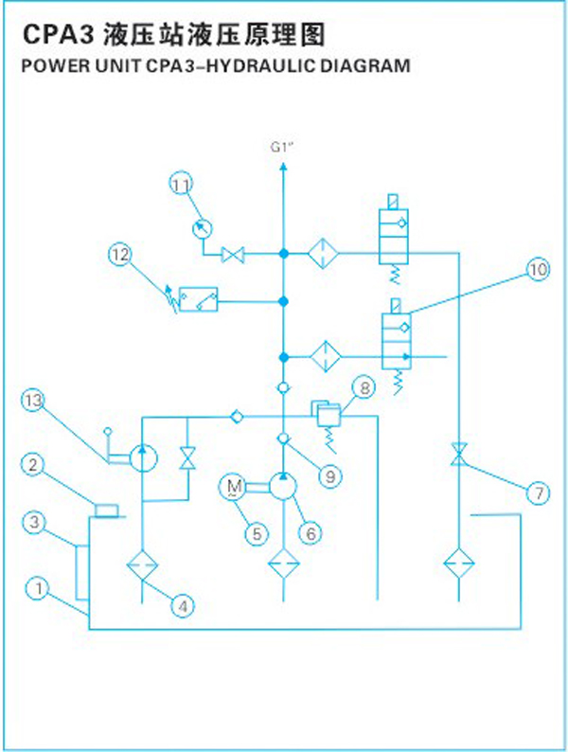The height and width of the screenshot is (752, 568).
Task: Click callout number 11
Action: [181, 184]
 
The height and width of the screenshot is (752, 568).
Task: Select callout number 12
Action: [120, 254]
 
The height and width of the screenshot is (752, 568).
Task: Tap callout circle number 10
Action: [539, 270]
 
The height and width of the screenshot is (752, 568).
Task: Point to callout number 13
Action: [32, 400]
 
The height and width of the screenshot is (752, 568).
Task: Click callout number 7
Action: [539, 492]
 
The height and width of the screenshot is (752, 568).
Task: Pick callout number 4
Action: [183, 606]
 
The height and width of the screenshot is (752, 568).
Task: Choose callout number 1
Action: [39, 588]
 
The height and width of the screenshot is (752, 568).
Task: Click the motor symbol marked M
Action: [234, 487]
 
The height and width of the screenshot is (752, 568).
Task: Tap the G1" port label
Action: [281, 147]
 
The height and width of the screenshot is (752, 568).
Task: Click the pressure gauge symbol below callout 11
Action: [202, 228]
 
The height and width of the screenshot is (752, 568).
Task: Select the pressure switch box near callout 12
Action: [198, 299]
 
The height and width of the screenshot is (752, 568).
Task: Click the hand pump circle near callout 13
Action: [143, 458]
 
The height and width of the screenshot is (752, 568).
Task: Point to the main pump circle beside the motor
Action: [283, 486]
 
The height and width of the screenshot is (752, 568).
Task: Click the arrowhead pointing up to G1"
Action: [283, 167]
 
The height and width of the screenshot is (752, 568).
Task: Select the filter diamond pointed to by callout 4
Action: [142, 566]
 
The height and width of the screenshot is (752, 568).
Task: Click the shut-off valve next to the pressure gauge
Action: [233, 254]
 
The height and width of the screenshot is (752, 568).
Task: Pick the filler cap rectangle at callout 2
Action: [106, 510]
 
